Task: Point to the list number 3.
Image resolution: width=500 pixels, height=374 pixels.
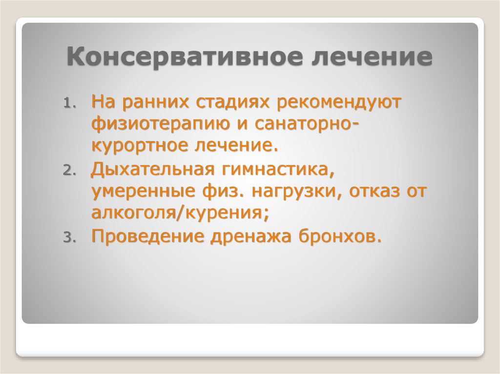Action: coord(68,238)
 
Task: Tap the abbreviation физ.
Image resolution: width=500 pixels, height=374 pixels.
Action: coord(220,192)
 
